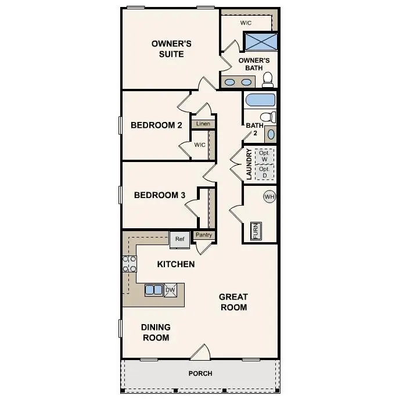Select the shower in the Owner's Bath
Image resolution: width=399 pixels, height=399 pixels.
(260, 42)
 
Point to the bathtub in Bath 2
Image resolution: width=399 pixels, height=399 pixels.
(259, 100)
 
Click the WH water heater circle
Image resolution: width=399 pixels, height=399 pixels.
(269, 197)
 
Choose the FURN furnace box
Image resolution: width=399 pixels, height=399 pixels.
(255, 231)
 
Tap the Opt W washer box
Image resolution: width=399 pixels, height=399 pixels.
(264, 156)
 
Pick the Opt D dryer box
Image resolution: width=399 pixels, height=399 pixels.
(264, 172)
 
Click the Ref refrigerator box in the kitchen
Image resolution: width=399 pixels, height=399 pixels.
(179, 239)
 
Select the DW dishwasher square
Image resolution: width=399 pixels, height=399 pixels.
(170, 290)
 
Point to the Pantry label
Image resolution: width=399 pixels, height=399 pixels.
(203, 235)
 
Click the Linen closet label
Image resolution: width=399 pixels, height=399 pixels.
(203, 124)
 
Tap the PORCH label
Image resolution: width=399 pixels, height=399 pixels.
(200, 373)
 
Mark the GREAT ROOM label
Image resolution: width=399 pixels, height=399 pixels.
(233, 302)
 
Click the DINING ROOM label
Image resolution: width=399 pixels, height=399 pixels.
(156, 332)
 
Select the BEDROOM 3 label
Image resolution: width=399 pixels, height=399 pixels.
(159, 195)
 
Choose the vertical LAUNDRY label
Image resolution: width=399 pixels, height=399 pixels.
(249, 164)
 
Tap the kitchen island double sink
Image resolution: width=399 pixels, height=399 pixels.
(154, 290)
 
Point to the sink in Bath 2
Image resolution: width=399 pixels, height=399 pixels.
(271, 134)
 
